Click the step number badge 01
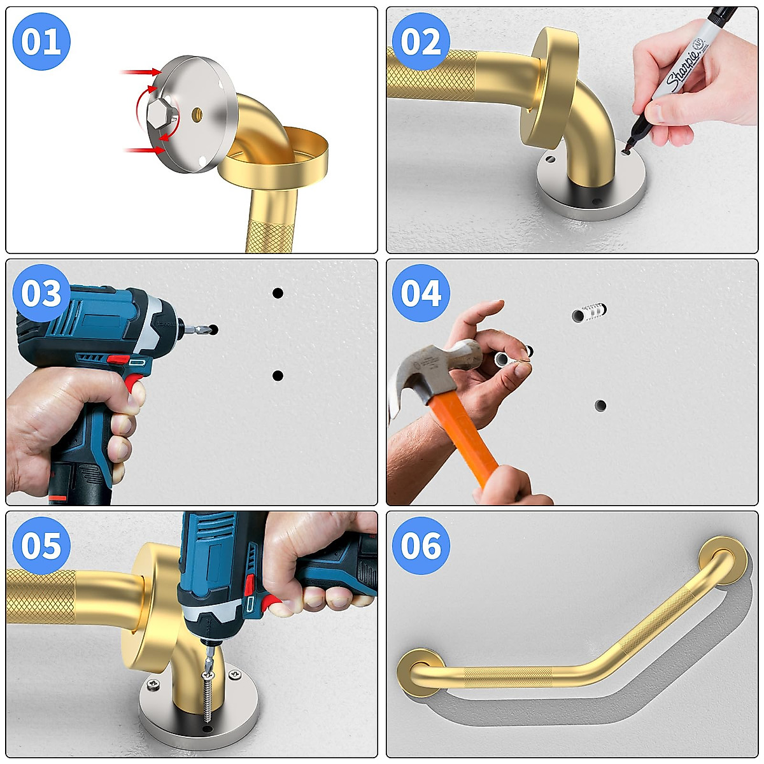click(41, 42)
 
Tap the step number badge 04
click(421, 294)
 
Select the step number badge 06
click(421, 546)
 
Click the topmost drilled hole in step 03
click(278, 293)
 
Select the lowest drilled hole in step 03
click(278, 376)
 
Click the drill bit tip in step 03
click(205, 329)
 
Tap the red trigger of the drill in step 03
click(134, 384)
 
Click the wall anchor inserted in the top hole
click(590, 313)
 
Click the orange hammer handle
click(465, 439)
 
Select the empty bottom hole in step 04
click(600, 405)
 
